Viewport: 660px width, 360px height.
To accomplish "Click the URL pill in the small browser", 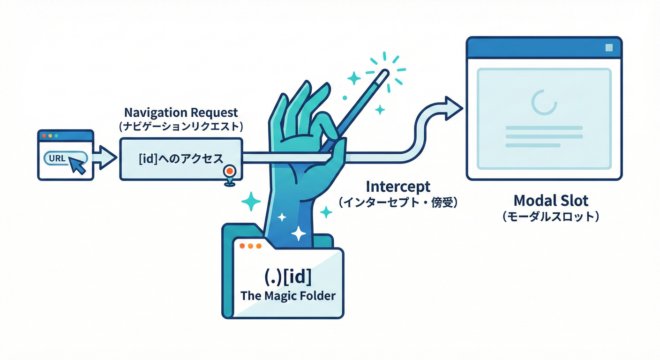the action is [x=66, y=158].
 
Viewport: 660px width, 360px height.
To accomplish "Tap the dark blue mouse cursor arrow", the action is [x=77, y=165].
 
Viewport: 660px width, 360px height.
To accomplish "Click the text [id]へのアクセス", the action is [x=181, y=159].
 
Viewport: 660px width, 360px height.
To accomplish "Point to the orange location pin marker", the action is [x=230, y=175].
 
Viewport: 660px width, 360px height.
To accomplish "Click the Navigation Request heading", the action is [x=181, y=112].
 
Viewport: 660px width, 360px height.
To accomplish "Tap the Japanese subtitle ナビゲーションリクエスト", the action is [x=181, y=127].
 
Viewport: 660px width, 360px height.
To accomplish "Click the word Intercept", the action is [x=398, y=187].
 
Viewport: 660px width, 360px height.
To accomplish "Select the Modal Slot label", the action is [x=551, y=201].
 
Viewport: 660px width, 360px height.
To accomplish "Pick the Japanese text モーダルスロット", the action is [x=551, y=217].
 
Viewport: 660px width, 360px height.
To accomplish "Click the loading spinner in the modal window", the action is [x=544, y=102].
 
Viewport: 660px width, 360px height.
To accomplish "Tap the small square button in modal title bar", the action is [x=609, y=48].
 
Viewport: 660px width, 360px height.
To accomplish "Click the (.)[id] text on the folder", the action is [x=288, y=277].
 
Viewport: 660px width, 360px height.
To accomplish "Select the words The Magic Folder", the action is [x=288, y=296].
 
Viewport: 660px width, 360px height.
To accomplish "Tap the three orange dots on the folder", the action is [x=250, y=246].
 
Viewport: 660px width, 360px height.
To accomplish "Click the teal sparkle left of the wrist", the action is [x=251, y=202].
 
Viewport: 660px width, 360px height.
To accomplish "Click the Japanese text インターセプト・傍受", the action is [x=398, y=202].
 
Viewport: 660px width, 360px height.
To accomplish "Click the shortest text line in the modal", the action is [x=532, y=145].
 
